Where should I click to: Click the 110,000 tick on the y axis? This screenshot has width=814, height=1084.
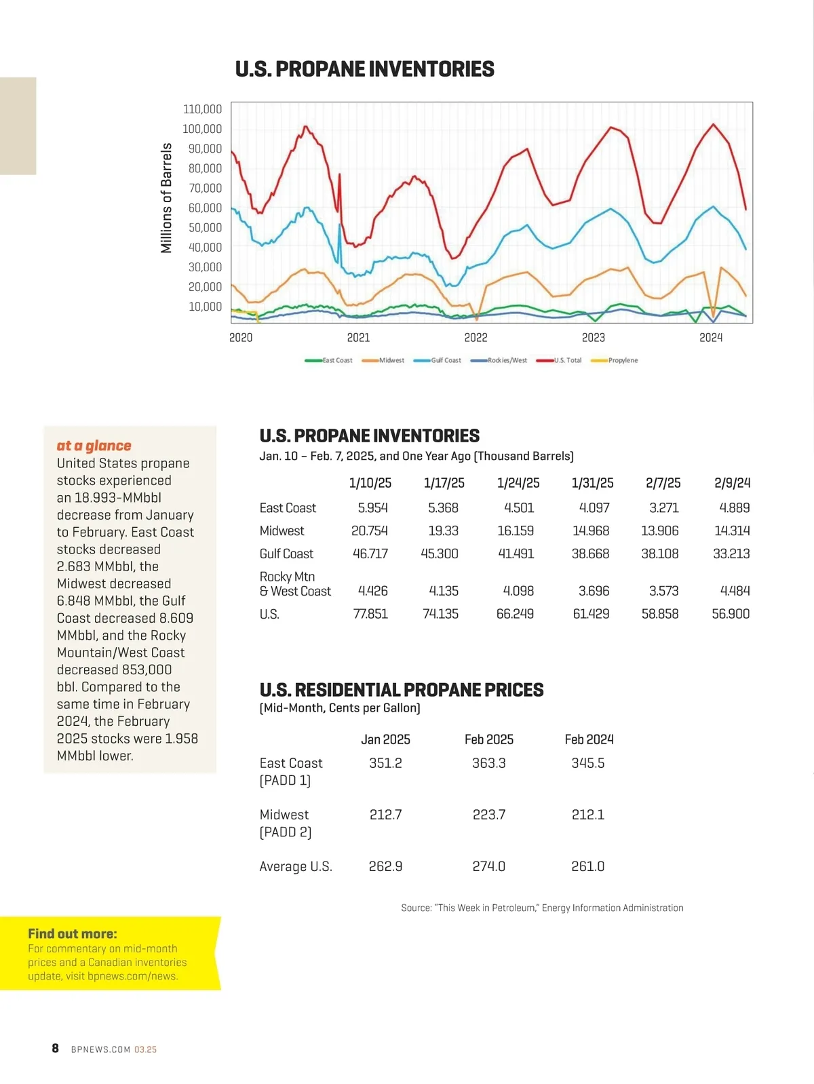202,109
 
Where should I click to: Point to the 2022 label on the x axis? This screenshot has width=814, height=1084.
476,338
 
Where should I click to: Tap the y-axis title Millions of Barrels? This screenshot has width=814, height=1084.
166,198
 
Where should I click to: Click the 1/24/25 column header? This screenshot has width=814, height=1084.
518,483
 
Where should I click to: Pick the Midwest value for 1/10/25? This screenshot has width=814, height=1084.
370,530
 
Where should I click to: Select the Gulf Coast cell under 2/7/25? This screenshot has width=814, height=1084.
659,554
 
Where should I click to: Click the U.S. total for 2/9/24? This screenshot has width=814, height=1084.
731,614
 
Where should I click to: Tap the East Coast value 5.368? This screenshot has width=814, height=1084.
443,507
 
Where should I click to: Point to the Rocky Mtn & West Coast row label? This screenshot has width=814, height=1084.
295,584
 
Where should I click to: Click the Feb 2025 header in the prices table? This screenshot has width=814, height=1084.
488,739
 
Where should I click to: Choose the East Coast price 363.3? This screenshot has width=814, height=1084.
488,763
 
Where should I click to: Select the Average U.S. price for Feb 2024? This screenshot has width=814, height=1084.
587,866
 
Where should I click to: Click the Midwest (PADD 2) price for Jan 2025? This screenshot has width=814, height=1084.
385,815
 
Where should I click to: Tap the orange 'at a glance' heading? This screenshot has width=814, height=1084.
94,446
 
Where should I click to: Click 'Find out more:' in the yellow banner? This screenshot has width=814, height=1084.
73,934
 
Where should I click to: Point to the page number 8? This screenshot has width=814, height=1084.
56,1048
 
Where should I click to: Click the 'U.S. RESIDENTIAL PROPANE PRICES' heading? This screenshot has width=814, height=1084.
402,690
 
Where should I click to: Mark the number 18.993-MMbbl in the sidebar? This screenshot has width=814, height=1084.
118,497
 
